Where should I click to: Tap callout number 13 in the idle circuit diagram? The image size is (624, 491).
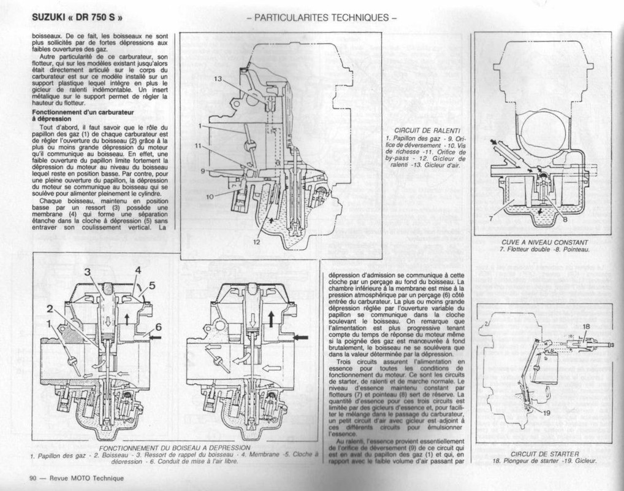click(218, 79)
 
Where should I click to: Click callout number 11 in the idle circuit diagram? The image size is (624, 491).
click(199, 145)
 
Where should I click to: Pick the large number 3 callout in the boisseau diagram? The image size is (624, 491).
click(88, 271)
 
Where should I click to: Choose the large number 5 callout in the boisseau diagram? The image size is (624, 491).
click(152, 284)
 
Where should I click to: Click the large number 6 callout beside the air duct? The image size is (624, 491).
click(158, 328)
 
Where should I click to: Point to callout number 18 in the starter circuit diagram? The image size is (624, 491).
click(586, 327)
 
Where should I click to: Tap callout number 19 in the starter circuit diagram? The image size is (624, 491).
click(547, 412)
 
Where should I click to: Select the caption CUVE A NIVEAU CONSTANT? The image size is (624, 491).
click(544, 242)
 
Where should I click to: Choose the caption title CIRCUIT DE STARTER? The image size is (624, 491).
click(544, 452)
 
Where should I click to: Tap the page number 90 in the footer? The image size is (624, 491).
click(34, 478)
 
